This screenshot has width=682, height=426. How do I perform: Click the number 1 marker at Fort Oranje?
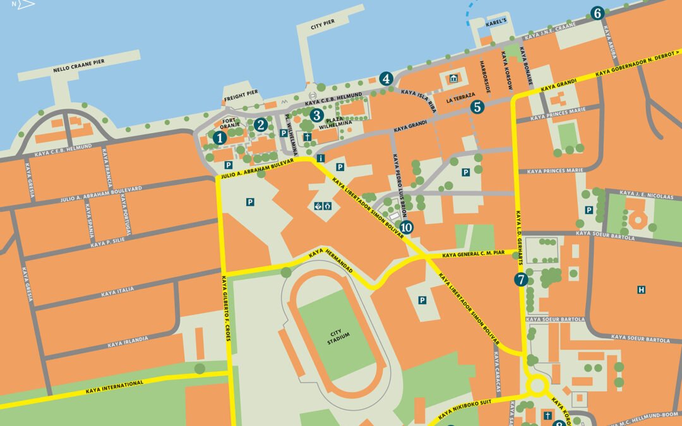[219, 138]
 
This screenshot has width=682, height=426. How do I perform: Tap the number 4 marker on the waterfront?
[386, 79]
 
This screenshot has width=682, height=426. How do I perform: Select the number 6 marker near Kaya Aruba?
[597, 13]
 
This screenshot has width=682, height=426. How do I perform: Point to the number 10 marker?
[406, 227]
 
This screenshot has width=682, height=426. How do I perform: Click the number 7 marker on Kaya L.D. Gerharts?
[521, 280]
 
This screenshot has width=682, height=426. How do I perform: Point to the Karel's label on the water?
[496, 21]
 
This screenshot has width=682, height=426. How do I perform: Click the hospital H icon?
[641, 290]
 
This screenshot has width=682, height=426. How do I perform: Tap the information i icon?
[322, 158]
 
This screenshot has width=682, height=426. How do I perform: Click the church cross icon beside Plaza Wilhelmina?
[307, 137]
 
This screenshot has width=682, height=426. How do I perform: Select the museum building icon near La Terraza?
[453, 78]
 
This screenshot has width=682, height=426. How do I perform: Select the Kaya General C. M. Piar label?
[474, 254]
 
